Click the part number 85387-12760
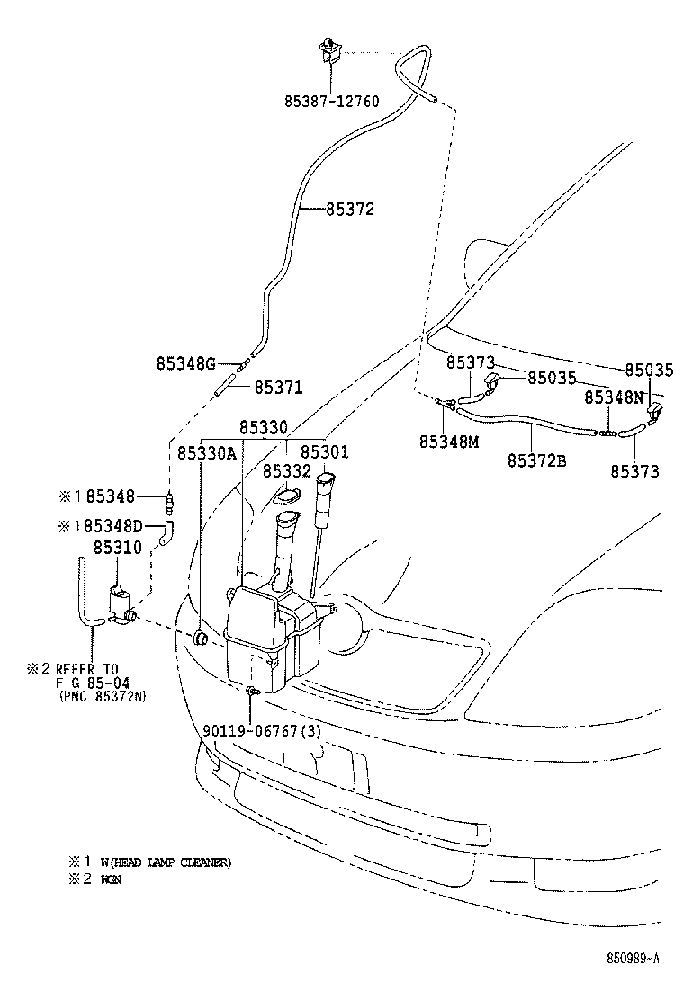click(x=331, y=102)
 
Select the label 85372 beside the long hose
click(x=348, y=210)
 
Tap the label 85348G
click(x=185, y=364)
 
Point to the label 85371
click(x=278, y=387)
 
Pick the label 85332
click(x=286, y=470)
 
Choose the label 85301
click(x=324, y=452)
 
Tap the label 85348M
click(x=448, y=442)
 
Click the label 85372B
click(x=536, y=461)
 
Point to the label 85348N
click(x=614, y=397)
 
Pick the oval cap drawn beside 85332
click(x=286, y=496)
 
